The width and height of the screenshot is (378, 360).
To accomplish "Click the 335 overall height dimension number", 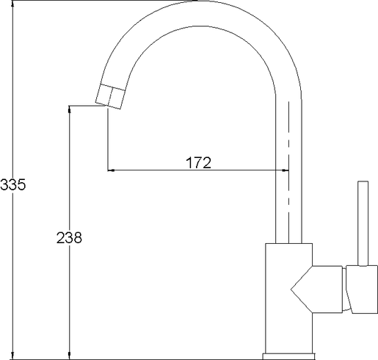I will (12, 185).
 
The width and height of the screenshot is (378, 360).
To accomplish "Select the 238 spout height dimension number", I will (69, 237).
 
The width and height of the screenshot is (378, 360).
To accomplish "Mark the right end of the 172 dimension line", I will (288, 171).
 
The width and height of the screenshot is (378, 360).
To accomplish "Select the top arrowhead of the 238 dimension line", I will (69, 107).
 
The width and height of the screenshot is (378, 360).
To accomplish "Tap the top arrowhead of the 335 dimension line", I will (15, 4).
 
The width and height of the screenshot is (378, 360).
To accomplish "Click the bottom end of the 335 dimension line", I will (15, 359).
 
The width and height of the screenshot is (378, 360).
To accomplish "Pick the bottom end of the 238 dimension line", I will (69, 359).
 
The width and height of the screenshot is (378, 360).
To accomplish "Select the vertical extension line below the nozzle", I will (109, 140).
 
